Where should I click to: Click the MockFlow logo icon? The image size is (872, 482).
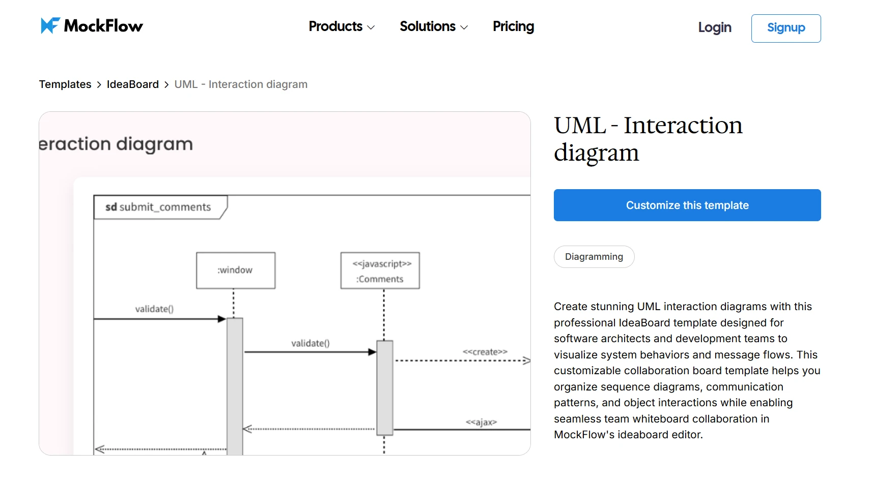click(50, 25)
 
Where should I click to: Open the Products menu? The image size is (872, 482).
click(341, 26)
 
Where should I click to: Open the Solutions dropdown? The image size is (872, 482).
click(433, 26)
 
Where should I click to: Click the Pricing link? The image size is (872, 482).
click(513, 26)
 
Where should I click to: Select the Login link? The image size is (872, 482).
click(714, 27)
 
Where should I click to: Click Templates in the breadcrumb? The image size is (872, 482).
click(65, 84)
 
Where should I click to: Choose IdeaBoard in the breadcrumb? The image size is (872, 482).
click(132, 84)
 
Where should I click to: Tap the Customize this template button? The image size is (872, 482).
click(687, 205)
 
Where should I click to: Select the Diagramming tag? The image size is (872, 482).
click(594, 257)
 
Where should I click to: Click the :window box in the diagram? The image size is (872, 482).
click(236, 270)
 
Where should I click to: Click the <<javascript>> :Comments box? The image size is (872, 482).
click(380, 271)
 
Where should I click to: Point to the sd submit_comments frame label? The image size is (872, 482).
click(159, 207)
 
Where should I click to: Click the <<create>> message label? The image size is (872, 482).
click(485, 352)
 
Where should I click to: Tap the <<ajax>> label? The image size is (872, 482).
click(481, 422)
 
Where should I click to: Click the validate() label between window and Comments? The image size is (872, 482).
click(310, 343)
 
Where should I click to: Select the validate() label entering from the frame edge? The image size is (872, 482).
click(154, 309)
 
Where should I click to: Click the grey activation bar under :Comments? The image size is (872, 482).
click(385, 386)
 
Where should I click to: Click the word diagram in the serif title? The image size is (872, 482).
click(596, 153)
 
